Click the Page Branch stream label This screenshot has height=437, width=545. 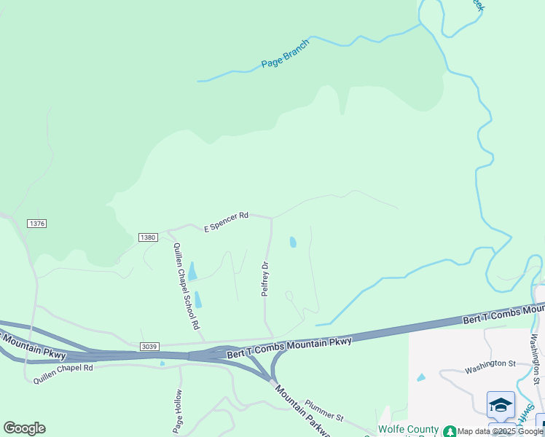[286, 55]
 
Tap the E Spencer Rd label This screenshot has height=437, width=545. [227, 221]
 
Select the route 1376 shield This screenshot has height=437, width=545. [36, 224]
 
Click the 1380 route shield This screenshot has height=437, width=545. [148, 237]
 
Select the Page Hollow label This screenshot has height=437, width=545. [178, 412]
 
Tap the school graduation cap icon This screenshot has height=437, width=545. [501, 404]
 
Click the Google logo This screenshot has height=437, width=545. [24, 428]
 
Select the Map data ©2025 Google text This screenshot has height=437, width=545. [501, 432]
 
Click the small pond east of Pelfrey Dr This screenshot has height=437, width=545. [293, 243]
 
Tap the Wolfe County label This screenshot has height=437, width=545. [408, 430]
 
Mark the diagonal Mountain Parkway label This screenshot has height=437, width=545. [303, 412]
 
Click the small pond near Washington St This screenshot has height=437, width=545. [421, 377]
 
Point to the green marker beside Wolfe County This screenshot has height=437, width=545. [450, 431]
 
